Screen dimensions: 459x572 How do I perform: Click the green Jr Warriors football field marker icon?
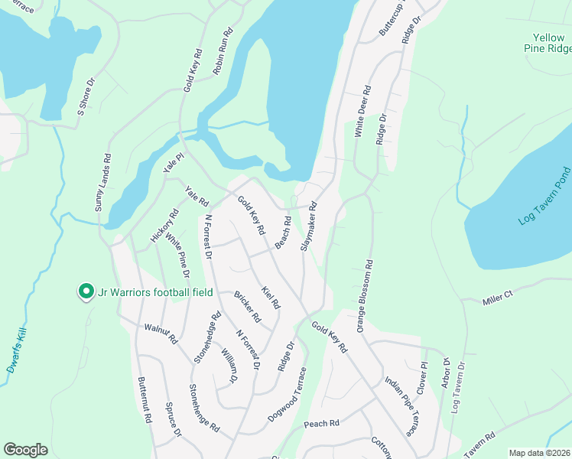[86, 291]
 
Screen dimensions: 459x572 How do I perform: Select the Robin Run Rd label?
[223, 51]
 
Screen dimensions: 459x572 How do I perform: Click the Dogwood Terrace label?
[288, 395]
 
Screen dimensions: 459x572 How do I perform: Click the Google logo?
[25, 450]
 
